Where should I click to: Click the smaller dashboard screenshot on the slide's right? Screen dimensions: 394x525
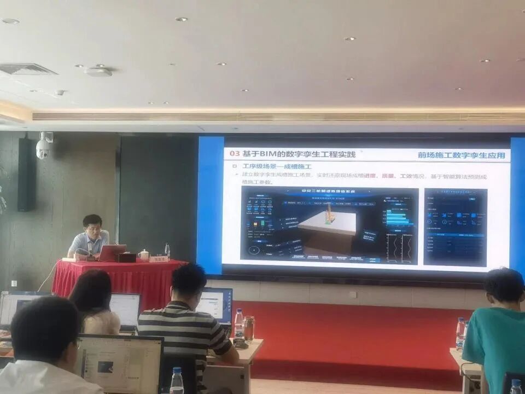[x=455, y=227]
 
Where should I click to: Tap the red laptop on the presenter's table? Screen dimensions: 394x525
[x=112, y=253]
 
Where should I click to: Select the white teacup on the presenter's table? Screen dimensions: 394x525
[x=144, y=254]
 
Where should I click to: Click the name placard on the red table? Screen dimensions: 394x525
[x=158, y=259]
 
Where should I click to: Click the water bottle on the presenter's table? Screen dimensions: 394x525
[x=167, y=251]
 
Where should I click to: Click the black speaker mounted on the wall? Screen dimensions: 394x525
[x=26, y=174]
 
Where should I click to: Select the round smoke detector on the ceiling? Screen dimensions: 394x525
[x=98, y=71]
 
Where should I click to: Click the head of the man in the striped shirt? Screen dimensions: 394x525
[x=188, y=283]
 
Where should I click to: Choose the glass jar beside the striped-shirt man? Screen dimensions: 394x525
[x=249, y=328]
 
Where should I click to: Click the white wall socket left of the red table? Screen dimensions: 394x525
[x=15, y=283]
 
